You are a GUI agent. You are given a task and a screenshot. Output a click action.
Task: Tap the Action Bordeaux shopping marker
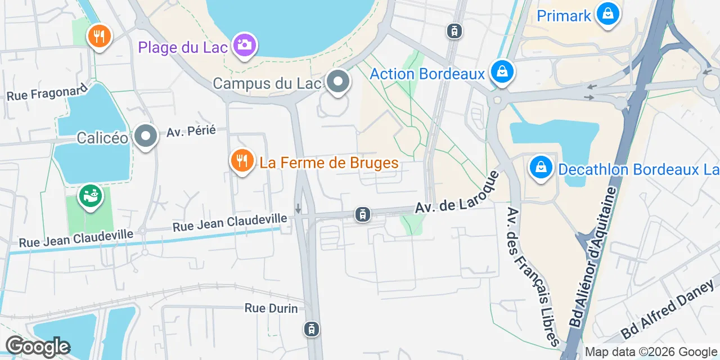(500, 73)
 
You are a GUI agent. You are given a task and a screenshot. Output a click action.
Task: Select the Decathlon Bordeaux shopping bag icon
(541, 168)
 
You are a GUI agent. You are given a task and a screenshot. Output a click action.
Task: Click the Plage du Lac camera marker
(244, 45)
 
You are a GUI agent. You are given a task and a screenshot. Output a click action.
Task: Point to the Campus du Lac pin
(337, 82)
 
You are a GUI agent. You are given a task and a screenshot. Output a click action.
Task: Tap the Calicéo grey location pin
(146, 137)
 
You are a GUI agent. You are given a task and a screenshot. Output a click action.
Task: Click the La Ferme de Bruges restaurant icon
(242, 162)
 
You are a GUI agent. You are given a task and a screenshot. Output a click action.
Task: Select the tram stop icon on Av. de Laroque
(363, 214)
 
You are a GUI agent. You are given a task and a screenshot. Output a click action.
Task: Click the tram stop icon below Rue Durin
(311, 329)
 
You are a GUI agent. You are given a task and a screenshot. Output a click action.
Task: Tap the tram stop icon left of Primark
(454, 31)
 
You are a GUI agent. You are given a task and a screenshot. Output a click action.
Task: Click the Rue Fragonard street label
(48, 92)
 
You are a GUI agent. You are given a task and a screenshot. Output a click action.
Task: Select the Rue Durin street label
(271, 308)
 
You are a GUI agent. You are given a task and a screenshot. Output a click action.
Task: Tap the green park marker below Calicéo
(90, 195)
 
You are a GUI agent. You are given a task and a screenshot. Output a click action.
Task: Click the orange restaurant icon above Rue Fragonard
(100, 37)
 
